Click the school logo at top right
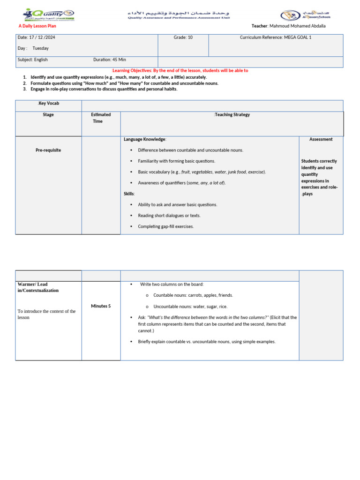(x=305, y=15)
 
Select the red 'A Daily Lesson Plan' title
(x=37, y=26)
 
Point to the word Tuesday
(x=40, y=48)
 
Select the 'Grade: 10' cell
(x=183, y=37)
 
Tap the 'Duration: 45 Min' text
(x=109, y=60)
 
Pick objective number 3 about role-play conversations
(x=104, y=89)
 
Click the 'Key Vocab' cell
(x=48, y=103)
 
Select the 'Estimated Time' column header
(x=101, y=118)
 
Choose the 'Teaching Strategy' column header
(x=232, y=114)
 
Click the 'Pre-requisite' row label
(x=48, y=150)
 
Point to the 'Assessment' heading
(x=321, y=139)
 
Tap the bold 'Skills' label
(x=129, y=194)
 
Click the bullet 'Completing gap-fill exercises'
(x=165, y=226)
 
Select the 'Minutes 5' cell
(x=101, y=306)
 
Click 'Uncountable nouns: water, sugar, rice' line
(x=190, y=306)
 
